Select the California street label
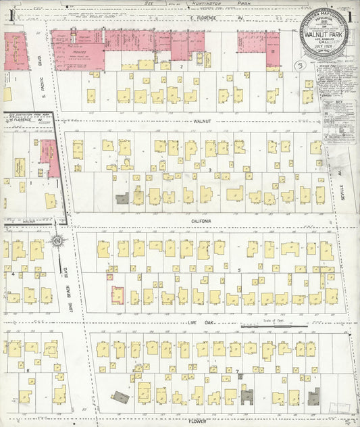pyautogui.click(x=201, y=221)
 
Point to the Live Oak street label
pyautogui.click(x=196, y=325)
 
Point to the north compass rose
pyautogui.click(x=57, y=243)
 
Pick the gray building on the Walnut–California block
pyautogui.click(x=122, y=199)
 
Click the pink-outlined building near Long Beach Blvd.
pyautogui.click(x=118, y=295)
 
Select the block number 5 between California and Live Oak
pyautogui.click(x=239, y=270)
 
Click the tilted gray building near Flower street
pyautogui.click(x=120, y=397)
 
